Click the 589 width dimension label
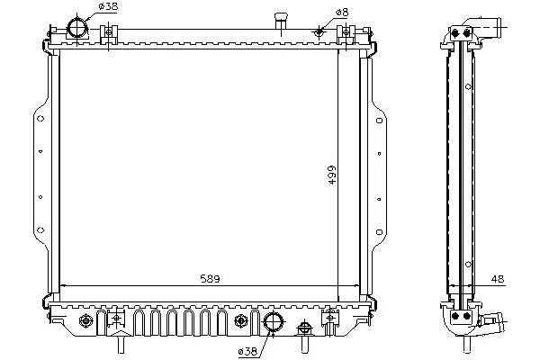[x=210, y=278]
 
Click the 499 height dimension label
[x=331, y=175]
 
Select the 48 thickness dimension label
[x=498, y=279]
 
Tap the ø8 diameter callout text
[x=342, y=13]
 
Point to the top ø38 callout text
[x=108, y=6]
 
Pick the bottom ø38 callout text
[x=247, y=351]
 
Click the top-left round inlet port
[x=77, y=28]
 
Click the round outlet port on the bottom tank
[x=273, y=321]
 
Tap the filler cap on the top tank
[x=281, y=21]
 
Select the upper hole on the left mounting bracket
[x=40, y=119]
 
